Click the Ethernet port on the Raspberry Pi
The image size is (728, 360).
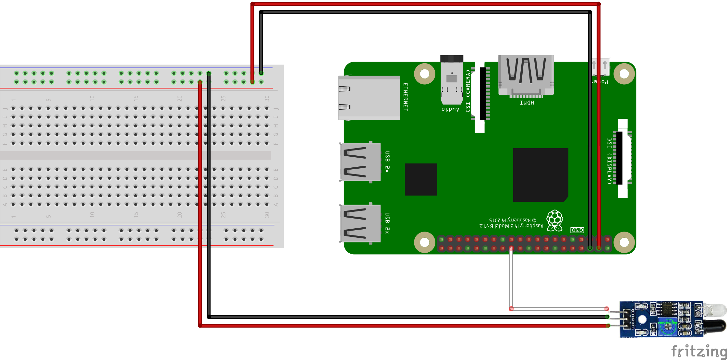(x=369, y=98)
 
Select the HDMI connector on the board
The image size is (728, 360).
(x=526, y=76)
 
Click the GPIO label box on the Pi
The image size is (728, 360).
(x=577, y=230)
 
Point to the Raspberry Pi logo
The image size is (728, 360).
(x=555, y=221)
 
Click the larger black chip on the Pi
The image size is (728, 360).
(x=540, y=175)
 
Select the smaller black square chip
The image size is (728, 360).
(x=421, y=179)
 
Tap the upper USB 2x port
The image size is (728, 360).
(x=360, y=162)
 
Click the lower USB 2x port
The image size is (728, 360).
(x=360, y=223)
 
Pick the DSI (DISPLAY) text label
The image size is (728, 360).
(x=610, y=161)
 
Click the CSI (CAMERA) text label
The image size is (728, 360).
(x=468, y=91)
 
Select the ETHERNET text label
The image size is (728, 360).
(x=405, y=97)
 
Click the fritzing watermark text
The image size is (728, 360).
(x=699, y=351)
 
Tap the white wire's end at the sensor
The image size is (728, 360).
(x=606, y=309)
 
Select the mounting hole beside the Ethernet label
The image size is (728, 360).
(x=425, y=74)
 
